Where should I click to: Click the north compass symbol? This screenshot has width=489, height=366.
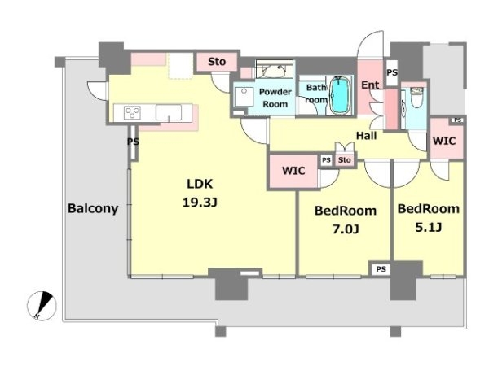point(42,306)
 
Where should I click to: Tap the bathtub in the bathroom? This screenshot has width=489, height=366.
point(339,95)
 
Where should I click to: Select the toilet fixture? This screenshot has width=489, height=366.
point(416,97)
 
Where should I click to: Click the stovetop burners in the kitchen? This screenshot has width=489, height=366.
point(132,112)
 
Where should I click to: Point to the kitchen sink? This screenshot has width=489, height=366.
point(169,112)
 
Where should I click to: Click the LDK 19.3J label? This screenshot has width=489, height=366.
point(200,193)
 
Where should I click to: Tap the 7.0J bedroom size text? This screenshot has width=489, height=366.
point(346,229)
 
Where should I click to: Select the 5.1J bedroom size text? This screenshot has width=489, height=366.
point(428,227)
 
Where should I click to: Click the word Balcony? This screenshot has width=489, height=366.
point(93,208)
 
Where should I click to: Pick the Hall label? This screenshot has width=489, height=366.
point(367,136)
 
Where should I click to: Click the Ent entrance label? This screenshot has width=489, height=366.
point(370,85)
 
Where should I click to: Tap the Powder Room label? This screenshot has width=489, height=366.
point(275,98)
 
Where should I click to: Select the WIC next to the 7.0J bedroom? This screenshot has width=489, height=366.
point(293,171)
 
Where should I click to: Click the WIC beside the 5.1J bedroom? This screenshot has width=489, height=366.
point(444,141)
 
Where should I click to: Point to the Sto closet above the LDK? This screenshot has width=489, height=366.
point(217,62)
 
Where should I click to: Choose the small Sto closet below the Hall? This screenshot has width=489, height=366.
point(345,160)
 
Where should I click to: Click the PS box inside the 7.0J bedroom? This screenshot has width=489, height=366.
point(381,269)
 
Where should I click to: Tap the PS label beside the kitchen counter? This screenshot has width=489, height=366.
point(133,142)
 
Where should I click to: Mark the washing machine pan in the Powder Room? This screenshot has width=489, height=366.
point(244,97)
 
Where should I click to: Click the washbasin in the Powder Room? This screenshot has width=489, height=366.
point(275,69)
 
